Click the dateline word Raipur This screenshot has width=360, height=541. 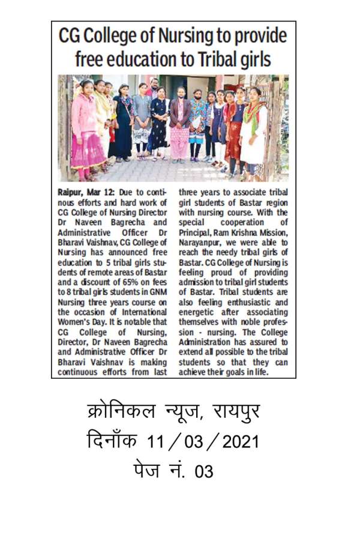pos(71,192)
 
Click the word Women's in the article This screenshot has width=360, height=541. pos(75,321)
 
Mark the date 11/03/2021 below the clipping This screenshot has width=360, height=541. pos(203,443)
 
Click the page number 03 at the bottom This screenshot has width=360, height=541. pos(204,472)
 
